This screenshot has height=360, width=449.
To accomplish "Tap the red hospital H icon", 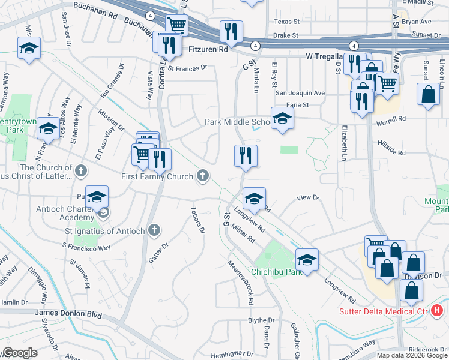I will [x=437, y=310].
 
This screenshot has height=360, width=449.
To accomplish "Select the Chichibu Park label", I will [x=276, y=272].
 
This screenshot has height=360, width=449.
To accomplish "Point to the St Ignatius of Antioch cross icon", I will [x=154, y=230].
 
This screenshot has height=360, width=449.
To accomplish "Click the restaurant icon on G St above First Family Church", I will [x=246, y=156].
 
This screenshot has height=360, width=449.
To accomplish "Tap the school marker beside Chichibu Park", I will [x=307, y=260].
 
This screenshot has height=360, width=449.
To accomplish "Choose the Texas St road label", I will [x=286, y=22].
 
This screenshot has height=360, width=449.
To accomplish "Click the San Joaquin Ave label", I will [x=300, y=93].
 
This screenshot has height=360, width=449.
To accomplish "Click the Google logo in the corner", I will [x=20, y=353].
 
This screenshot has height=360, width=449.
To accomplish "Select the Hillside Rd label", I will [x=391, y=148].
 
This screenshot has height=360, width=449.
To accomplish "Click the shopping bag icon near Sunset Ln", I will [x=428, y=95].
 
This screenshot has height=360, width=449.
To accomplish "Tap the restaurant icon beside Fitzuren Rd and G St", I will [x=231, y=32].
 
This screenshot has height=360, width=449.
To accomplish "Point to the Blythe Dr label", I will [x=261, y=321].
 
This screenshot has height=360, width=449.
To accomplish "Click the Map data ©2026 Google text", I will [x=412, y=355].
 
